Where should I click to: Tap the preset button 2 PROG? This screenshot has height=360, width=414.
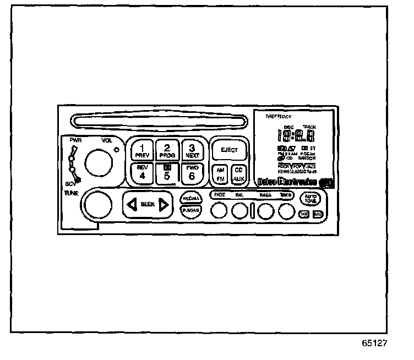[x=167, y=150]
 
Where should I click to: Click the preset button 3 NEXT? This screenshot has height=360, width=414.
[x=192, y=150]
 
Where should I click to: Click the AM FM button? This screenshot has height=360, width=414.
[x=220, y=175]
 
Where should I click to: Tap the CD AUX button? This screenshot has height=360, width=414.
[x=238, y=175]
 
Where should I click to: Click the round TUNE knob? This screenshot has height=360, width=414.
[x=97, y=205]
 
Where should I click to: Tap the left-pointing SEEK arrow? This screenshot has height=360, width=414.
[x=132, y=205]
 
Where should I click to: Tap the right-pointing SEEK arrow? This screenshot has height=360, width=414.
[x=163, y=205]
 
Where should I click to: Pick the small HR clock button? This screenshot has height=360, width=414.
[x=304, y=214]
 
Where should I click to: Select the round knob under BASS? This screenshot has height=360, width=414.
[x=265, y=211]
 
